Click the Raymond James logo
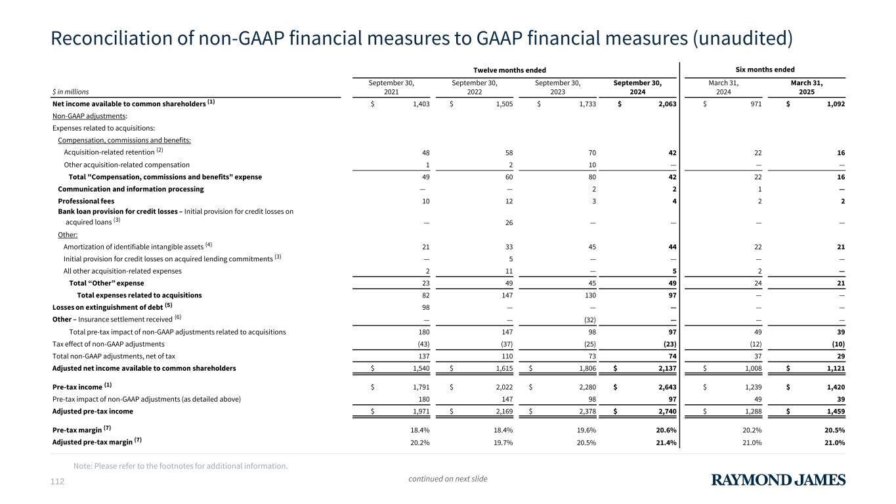(x=779, y=480)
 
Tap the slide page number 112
(x=58, y=482)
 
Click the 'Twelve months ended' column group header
(x=510, y=70)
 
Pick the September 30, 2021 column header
(x=393, y=87)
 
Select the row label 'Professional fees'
(x=86, y=201)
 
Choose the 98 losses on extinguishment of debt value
(x=426, y=307)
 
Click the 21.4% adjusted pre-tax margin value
(x=664, y=442)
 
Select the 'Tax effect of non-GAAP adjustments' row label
(x=108, y=344)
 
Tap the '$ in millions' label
(x=70, y=92)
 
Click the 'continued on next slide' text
(x=448, y=478)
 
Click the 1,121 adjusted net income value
(x=832, y=368)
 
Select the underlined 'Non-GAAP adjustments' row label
(x=81, y=115)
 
